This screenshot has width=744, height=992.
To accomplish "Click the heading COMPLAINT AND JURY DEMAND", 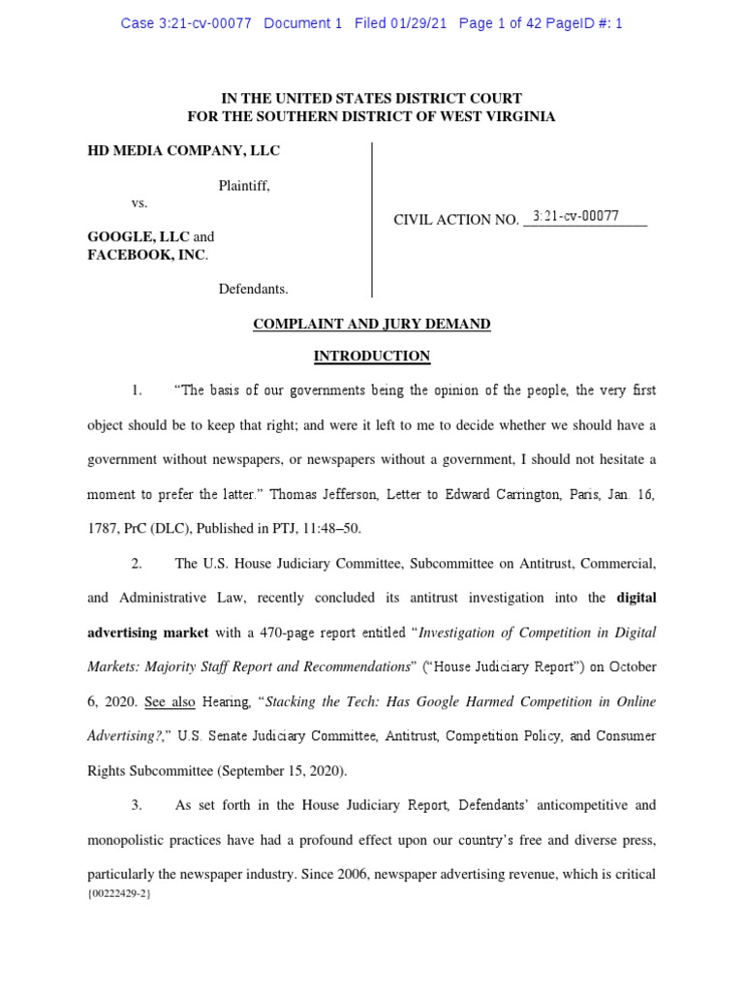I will pyautogui.click(x=372, y=325).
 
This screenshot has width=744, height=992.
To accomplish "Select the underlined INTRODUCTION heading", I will pyautogui.click(x=372, y=356).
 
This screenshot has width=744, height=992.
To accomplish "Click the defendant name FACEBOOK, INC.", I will pyautogui.click(x=146, y=255).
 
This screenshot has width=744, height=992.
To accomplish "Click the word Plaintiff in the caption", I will pyautogui.click(x=244, y=186).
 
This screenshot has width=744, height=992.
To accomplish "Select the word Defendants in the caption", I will pyautogui.click(x=253, y=289).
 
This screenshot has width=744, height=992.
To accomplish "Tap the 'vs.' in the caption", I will pyautogui.click(x=139, y=203).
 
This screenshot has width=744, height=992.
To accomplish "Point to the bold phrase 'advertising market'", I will pyautogui.click(x=148, y=633).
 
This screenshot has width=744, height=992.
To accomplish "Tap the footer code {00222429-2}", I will pyautogui.click(x=118, y=893).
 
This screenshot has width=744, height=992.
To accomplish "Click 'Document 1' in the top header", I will pyautogui.click(x=303, y=23).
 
